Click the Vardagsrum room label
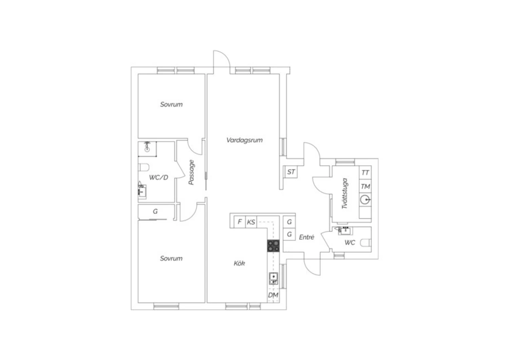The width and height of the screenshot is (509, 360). point(244,140)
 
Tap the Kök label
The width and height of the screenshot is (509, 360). point(239,263)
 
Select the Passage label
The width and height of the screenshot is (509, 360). point(191,173)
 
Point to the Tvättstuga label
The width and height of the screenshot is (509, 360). point(345,193)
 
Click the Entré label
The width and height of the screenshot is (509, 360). point(306,237)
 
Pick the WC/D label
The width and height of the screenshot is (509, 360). point(158,177)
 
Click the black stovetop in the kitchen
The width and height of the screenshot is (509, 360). point(273,246)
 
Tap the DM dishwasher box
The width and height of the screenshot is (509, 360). point(273,295)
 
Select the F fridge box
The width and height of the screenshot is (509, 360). point(240,222)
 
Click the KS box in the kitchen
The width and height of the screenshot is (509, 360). point(251,222)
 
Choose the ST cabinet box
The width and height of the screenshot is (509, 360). point(291,172)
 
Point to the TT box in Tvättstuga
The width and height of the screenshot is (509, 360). point(365,173)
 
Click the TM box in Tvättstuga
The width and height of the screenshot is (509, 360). point(365,186)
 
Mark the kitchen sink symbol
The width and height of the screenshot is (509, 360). point(274,278)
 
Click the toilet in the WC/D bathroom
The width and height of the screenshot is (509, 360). point(144,167)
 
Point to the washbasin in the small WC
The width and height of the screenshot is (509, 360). point(345,231)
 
